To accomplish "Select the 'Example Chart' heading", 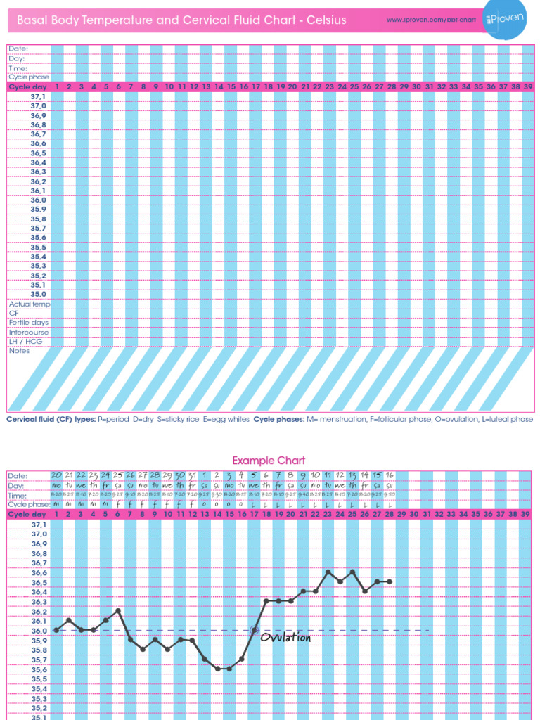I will [x=269, y=461].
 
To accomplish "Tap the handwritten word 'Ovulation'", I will [x=285, y=638].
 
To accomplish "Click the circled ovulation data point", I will [x=255, y=630].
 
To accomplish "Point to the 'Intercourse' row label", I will [x=29, y=332].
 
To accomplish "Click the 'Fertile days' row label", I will [x=27, y=323].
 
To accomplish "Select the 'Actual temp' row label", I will [x=30, y=304].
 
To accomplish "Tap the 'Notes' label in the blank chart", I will [x=20, y=351].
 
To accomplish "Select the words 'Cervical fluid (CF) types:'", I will [x=50, y=419].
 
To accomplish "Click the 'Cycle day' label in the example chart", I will [x=26, y=515].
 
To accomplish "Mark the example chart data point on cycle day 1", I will [x=56, y=630].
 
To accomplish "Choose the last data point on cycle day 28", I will [x=390, y=581].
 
